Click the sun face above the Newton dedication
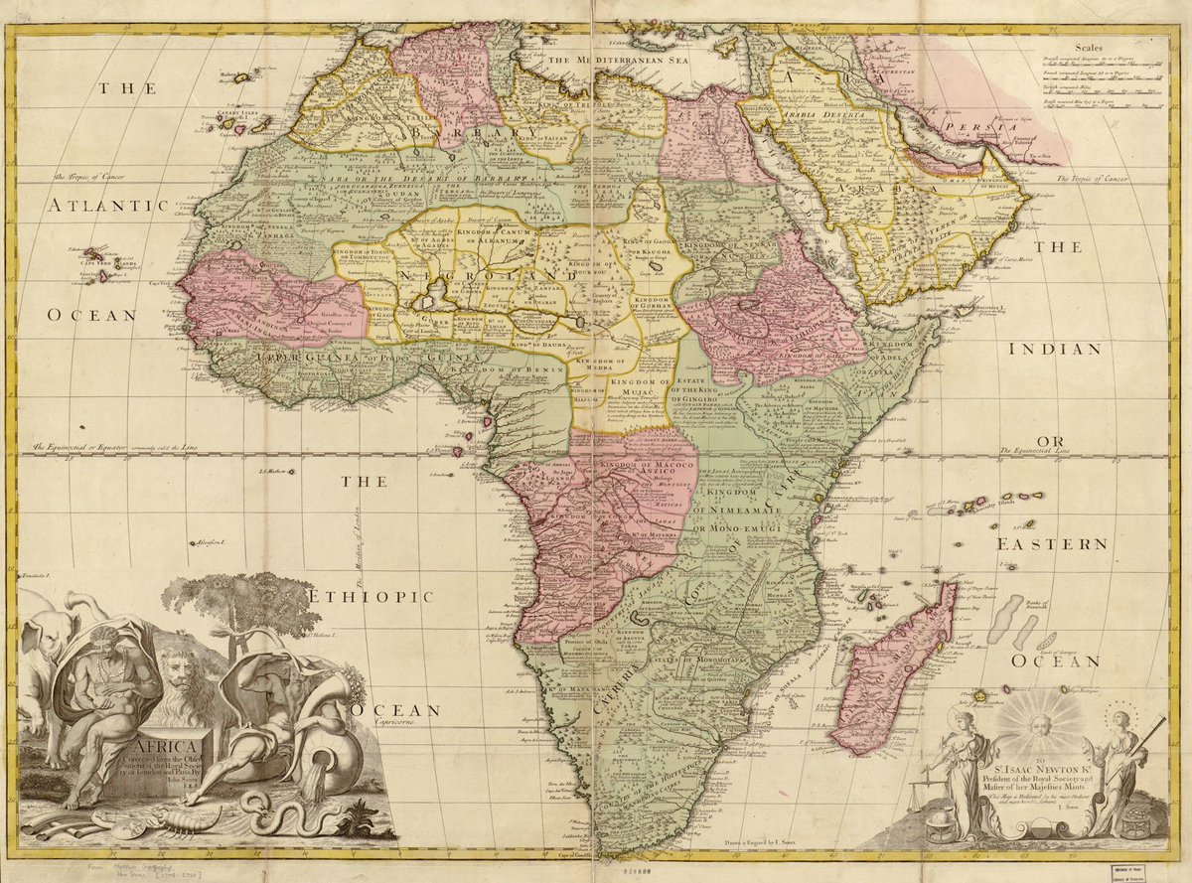pyautogui.click(x=1039, y=720)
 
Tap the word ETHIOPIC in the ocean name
pyautogui.click(x=370, y=596)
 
